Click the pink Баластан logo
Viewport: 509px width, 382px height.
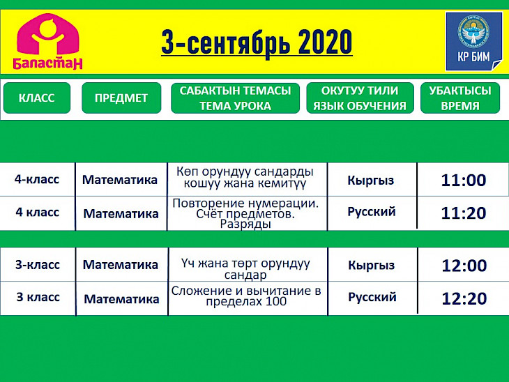coord(47,41)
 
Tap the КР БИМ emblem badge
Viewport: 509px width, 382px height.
coord(473,41)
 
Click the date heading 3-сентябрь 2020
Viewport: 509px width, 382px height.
coord(257,42)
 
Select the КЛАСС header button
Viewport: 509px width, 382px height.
coord(37,98)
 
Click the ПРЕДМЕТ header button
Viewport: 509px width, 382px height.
coord(121,98)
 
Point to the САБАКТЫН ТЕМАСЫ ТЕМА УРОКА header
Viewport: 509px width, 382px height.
coord(236,98)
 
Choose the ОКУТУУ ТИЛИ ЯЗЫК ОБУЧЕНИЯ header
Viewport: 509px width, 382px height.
coord(360,98)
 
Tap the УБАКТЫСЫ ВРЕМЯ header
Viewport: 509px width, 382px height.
coord(460,98)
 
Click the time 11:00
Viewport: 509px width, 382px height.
coord(464,180)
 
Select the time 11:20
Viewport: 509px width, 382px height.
coord(464,213)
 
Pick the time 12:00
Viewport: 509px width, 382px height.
coord(464,266)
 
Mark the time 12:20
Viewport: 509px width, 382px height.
coord(464,298)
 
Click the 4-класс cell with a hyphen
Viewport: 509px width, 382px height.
coord(37,179)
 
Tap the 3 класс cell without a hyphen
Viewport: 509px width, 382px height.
coord(38,297)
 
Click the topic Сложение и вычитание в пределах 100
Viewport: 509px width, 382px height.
coord(246,296)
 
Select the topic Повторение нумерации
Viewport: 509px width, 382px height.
coord(245,203)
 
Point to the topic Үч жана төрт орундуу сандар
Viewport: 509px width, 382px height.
coord(245,269)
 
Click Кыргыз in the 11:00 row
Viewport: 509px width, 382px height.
coord(371,181)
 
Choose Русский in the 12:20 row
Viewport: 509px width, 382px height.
coord(372,297)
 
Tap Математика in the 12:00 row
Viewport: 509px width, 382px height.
coord(121,265)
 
